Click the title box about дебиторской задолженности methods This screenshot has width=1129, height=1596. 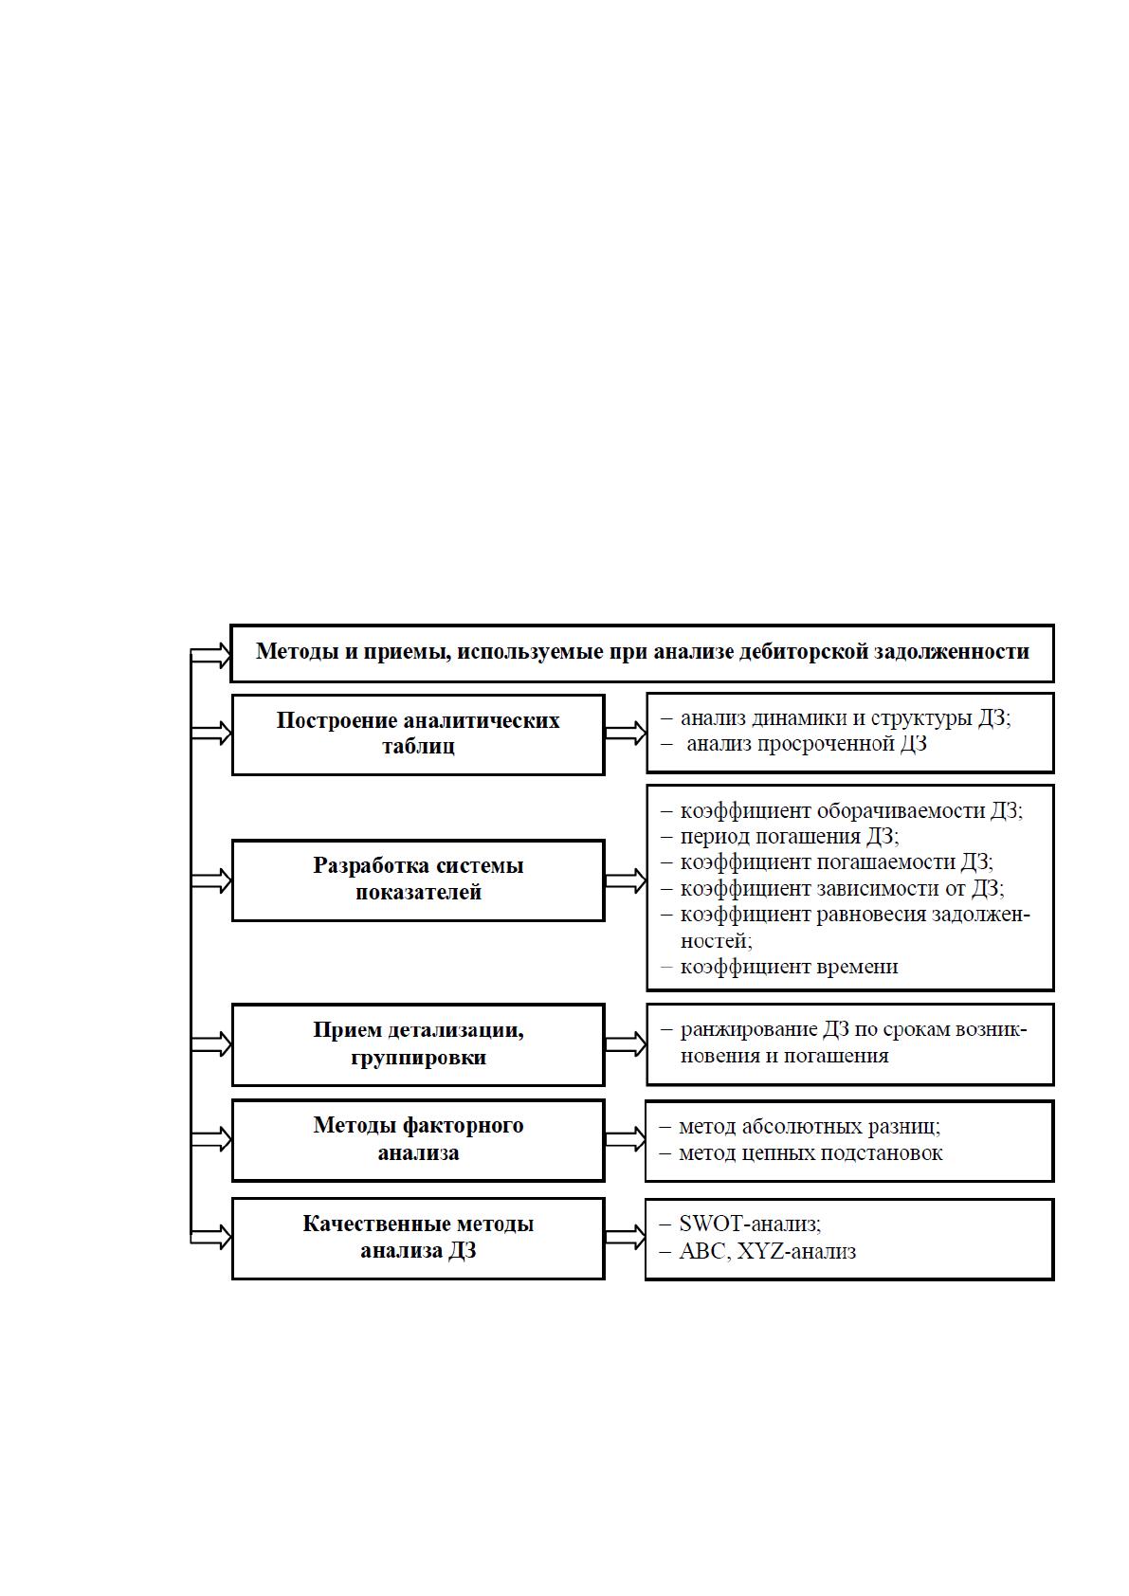click(642, 653)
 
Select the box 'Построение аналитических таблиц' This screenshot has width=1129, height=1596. click(418, 735)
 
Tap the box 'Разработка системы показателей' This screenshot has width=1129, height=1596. click(418, 880)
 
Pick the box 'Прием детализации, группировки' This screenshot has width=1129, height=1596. click(418, 1044)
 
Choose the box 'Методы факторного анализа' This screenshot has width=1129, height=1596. click(418, 1140)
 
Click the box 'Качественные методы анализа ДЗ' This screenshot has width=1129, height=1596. click(418, 1239)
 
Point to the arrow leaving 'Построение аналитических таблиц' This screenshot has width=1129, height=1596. click(625, 734)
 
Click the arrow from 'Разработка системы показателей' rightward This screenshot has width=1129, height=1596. click(625, 880)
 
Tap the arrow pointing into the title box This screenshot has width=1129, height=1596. click(211, 655)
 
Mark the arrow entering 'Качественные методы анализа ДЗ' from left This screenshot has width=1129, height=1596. click(211, 1238)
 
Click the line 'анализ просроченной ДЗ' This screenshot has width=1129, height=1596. click(806, 744)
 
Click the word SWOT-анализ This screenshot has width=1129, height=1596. click(750, 1224)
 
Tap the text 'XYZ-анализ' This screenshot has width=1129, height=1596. click(797, 1251)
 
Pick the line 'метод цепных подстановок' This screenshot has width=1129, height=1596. click(810, 1153)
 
